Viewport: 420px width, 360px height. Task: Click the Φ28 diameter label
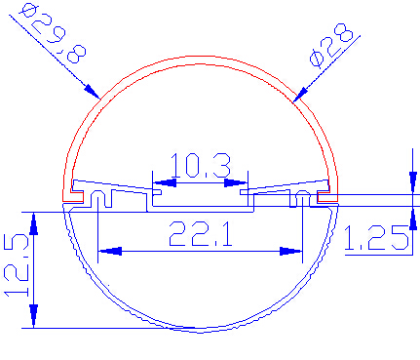click(331, 46)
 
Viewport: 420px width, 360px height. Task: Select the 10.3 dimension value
click(201, 165)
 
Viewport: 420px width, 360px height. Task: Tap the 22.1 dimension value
click(201, 233)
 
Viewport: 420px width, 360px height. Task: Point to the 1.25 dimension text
click(376, 238)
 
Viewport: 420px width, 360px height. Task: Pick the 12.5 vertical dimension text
click(17, 265)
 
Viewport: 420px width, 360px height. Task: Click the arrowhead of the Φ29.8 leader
click(92, 92)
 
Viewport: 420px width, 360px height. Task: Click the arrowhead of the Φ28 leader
click(300, 95)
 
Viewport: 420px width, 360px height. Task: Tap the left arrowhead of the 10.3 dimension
click(165, 182)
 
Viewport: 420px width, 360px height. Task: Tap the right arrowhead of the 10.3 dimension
click(236, 182)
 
